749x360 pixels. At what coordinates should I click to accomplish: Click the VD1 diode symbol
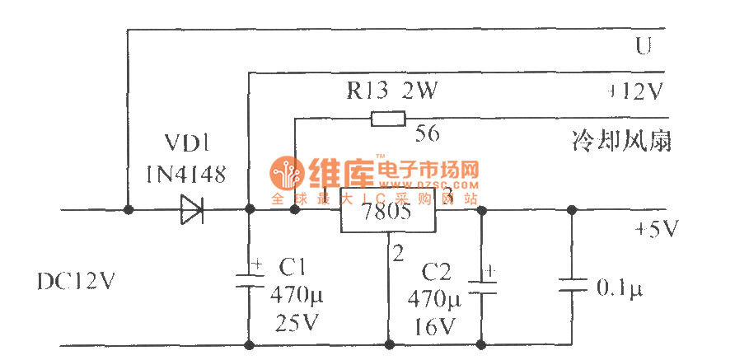(192, 210)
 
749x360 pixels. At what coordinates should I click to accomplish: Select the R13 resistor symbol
(388, 119)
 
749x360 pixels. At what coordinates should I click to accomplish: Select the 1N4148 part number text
(181, 174)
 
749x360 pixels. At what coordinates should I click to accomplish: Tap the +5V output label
(656, 229)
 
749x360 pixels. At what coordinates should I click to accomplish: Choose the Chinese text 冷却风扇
(622, 141)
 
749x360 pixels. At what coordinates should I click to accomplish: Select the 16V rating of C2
(436, 326)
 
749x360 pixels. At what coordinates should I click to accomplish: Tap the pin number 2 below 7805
(399, 254)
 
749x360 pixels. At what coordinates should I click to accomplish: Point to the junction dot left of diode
(128, 210)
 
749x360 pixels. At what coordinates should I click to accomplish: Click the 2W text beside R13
(419, 91)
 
